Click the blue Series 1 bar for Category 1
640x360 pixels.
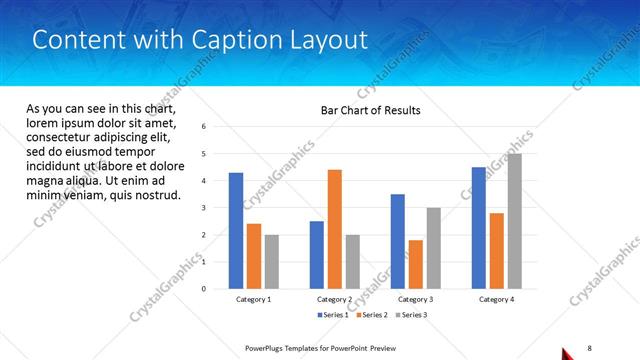[x=236, y=231]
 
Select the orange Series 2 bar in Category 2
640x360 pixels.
[x=334, y=229]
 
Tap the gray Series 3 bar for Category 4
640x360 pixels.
[x=514, y=221]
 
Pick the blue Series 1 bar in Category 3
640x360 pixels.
[x=398, y=241]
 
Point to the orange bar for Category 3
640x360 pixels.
[x=415, y=264]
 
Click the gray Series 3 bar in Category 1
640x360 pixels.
[x=271, y=261]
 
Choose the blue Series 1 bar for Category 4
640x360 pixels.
[x=479, y=228]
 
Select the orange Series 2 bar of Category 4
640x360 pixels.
[x=496, y=251]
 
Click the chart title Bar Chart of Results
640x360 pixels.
[x=370, y=110]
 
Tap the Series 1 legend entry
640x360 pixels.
[x=333, y=315]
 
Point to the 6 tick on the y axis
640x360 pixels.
[x=204, y=127]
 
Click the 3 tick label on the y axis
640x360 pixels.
[x=204, y=208]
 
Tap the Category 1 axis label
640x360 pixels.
[x=253, y=299]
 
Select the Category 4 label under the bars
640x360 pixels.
[x=496, y=299]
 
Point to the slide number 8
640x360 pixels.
[x=589, y=346]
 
